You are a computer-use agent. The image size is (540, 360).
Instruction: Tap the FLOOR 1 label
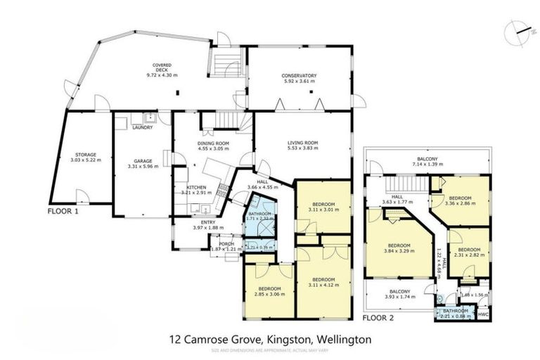[64, 210]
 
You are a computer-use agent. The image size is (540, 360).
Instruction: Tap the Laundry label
[143, 127]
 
